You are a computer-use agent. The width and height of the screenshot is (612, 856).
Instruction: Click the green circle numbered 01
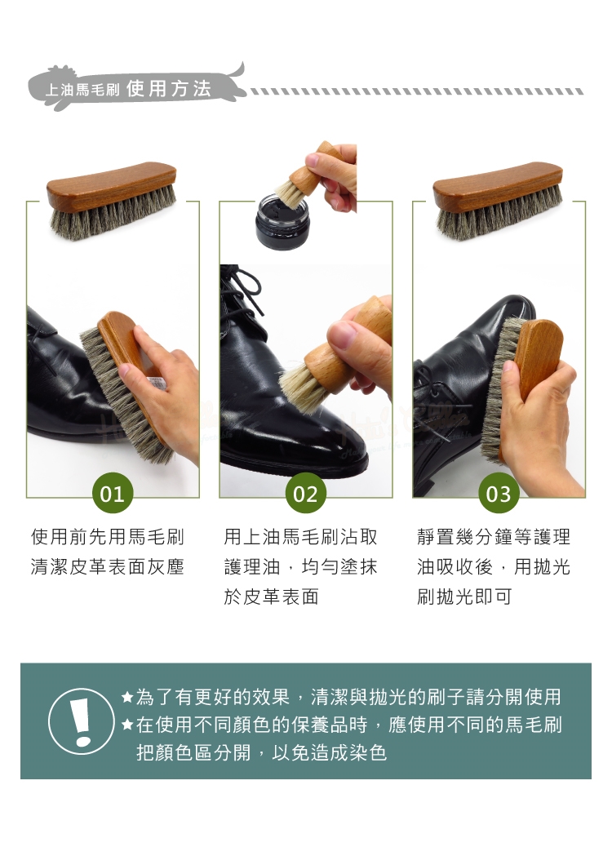point(112,493)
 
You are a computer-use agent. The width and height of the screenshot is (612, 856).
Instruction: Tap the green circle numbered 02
point(305,493)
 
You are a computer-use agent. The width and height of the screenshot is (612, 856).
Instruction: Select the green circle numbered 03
point(498,493)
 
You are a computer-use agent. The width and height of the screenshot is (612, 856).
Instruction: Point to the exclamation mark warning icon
point(82,721)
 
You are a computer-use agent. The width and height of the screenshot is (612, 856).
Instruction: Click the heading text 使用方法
point(169,88)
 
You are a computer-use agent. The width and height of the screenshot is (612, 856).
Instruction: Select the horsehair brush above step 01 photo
point(112,201)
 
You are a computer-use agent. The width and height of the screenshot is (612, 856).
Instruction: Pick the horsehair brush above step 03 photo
point(498,201)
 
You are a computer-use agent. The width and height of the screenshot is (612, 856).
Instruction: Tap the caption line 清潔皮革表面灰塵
point(107,566)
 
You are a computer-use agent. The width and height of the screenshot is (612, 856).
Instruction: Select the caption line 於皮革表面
point(272,597)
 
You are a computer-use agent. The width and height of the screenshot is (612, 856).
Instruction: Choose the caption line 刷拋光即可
point(464,597)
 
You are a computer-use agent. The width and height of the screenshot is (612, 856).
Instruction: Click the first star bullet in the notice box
point(128,697)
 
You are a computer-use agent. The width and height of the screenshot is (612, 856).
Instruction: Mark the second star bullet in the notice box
point(128,725)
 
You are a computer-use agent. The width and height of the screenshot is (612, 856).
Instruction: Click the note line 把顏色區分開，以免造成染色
point(261,752)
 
